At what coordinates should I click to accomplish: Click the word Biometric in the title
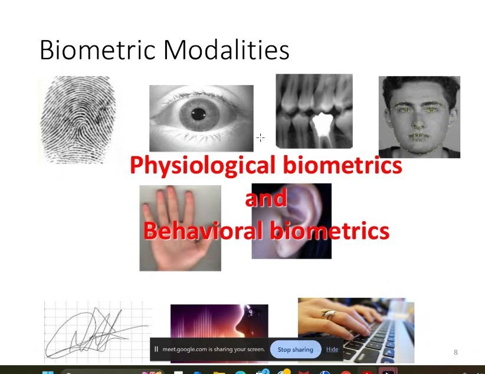click(x=97, y=50)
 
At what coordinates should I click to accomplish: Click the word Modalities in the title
click(x=227, y=50)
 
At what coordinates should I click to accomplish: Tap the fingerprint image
click(x=78, y=120)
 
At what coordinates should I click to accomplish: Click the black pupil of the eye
click(x=198, y=114)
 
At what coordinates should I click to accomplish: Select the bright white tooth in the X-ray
click(x=322, y=124)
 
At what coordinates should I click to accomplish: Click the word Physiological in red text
click(x=202, y=166)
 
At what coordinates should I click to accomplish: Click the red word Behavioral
click(x=203, y=230)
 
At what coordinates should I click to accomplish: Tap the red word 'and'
click(x=266, y=198)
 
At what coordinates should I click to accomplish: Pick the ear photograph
click(x=291, y=221)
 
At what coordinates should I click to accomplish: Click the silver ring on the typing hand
click(x=328, y=314)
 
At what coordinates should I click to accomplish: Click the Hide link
click(x=332, y=349)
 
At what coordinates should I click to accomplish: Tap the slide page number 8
click(x=455, y=352)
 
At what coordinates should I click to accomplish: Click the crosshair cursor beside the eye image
click(x=260, y=137)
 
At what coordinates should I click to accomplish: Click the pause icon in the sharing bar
click(x=156, y=349)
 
